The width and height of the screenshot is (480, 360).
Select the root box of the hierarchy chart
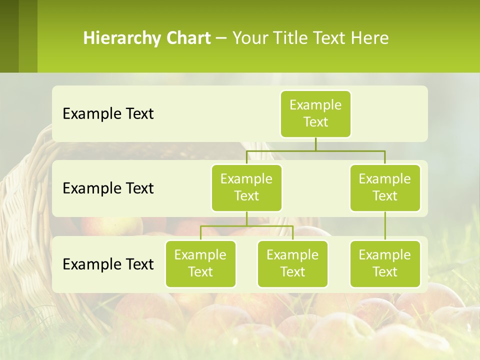click(315, 113)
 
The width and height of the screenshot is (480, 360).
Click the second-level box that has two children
click(246, 187)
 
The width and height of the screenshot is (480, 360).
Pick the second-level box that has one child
click(385, 187)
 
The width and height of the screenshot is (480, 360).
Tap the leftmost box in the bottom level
click(200, 263)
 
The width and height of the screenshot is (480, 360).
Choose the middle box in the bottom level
click(292, 263)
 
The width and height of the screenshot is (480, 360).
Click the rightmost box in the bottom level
click(385, 263)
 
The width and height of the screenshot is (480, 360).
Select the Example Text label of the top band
click(108, 114)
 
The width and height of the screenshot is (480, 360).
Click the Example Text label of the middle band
click(108, 188)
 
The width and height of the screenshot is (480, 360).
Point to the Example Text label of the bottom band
click(108, 264)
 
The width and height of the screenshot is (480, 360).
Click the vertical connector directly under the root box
click(315, 144)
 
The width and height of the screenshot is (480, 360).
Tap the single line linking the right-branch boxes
click(385, 226)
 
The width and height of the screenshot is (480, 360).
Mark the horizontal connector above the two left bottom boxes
click(246, 226)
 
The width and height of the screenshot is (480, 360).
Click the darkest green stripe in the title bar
click(9, 36)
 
